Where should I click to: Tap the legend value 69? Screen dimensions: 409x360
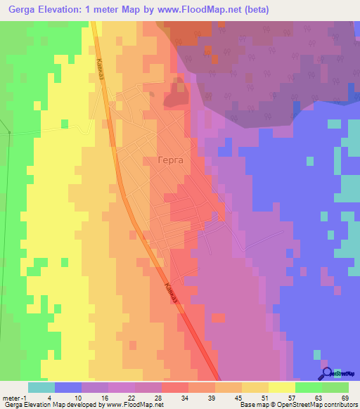[x=345, y=398]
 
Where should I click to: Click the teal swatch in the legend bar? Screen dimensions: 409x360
[x=41, y=387]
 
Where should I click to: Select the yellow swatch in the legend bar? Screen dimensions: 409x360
[x=281, y=387]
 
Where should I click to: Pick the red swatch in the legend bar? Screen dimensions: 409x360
[x=174, y=387]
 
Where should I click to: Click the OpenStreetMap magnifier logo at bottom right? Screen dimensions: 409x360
[x=326, y=372]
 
